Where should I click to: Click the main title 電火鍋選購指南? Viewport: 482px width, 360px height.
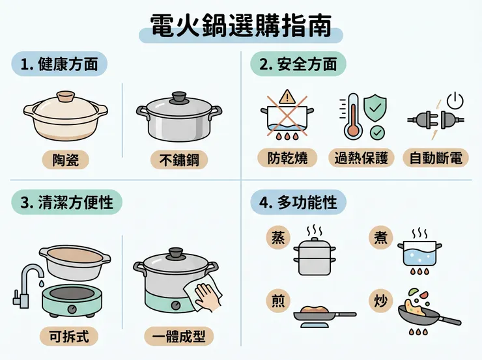point(240,27)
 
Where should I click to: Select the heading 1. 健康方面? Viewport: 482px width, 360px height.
point(59,64)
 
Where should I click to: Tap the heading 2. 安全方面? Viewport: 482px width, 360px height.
point(298,64)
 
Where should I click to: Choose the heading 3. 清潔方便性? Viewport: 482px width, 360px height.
point(67,202)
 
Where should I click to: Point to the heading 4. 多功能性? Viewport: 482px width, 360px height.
point(298,202)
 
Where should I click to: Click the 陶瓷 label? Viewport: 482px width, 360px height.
point(65,159)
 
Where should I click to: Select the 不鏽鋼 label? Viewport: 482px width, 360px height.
point(179,159)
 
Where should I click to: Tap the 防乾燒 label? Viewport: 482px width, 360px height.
point(287,158)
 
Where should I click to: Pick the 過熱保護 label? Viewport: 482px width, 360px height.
point(361,158)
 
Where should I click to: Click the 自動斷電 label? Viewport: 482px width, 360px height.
point(435,158)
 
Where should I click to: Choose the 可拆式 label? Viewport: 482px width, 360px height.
point(69,336)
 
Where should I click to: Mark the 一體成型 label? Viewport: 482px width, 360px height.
point(178,336)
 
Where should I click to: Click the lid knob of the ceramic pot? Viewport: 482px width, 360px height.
point(65,97)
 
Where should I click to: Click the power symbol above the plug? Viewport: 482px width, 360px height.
point(456,100)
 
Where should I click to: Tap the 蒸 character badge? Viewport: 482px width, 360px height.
point(277,238)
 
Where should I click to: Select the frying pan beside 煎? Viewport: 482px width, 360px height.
point(322,315)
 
